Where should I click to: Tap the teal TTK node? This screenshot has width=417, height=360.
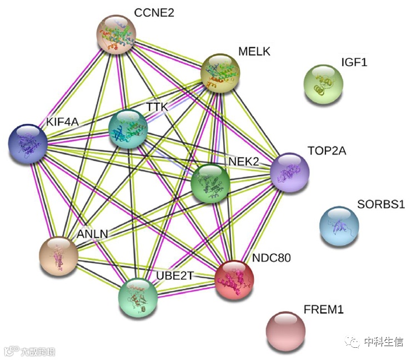[128, 129]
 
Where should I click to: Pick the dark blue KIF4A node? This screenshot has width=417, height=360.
[28, 143]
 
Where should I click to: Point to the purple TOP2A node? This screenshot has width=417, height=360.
[289, 173]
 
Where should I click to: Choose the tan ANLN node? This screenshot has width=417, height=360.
[58, 256]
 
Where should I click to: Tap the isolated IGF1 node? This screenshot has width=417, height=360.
[323, 84]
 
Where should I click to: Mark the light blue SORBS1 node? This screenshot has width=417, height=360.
[339, 226]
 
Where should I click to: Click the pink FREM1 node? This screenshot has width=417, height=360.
[285, 331]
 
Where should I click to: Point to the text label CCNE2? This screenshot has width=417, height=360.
[154, 12]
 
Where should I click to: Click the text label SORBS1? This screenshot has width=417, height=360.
[381, 204]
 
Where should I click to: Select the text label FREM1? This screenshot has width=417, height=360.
[324, 309]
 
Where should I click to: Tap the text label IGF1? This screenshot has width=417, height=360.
[354, 62]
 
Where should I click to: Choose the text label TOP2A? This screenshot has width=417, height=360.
[326, 151]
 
